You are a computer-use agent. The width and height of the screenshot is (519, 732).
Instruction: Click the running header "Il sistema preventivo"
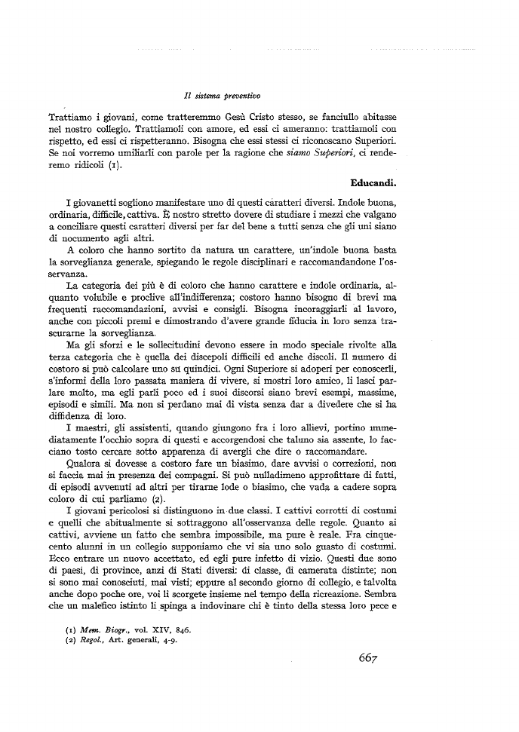pos(222,96)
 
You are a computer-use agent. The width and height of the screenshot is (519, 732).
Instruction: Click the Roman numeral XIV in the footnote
pos(157,628)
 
